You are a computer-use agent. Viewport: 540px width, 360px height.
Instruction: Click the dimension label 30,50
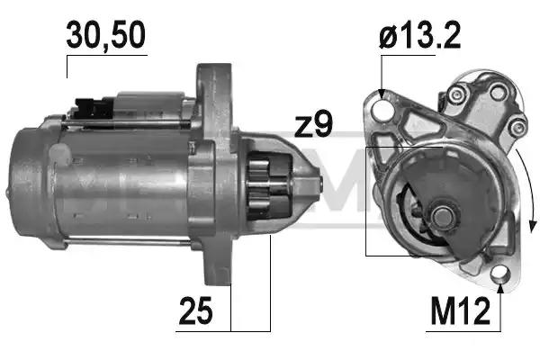[106, 35]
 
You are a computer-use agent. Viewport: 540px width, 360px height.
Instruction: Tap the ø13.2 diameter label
[419, 35]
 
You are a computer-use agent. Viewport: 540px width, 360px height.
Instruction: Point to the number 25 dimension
[195, 311]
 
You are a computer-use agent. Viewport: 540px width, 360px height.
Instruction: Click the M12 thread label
[460, 311]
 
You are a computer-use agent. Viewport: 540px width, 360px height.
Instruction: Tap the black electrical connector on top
[94, 109]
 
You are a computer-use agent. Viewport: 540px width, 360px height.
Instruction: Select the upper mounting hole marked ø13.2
[382, 108]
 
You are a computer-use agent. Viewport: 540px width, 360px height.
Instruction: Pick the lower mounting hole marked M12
[500, 274]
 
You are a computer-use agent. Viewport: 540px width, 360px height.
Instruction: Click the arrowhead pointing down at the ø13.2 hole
[382, 94]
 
